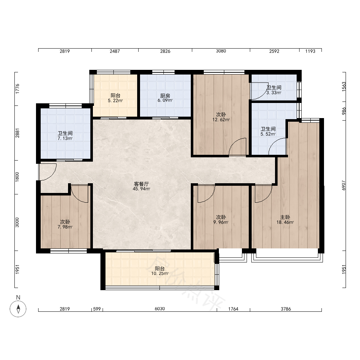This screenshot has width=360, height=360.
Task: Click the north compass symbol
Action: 18,309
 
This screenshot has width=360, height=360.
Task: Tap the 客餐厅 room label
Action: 141,184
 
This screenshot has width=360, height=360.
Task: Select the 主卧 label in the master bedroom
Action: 285,217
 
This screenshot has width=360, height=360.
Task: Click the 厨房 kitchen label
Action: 165,96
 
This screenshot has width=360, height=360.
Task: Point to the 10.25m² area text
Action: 160,274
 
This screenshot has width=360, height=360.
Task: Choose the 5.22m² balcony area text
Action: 115,100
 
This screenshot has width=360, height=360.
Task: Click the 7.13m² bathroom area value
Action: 65,138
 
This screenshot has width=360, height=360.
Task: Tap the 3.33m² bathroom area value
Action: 274,93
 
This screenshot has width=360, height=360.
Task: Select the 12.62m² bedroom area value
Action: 221,120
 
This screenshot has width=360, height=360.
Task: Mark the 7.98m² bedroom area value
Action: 65,227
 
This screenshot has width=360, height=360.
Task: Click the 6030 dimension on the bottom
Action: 159,309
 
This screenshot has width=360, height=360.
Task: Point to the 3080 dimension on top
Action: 221,51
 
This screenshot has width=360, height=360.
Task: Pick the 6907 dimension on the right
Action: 344,185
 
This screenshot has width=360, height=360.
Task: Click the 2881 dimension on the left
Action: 17,133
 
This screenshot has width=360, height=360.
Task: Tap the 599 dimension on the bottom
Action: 97,309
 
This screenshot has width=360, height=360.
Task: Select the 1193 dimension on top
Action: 310,51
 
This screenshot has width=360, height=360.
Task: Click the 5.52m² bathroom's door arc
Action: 273,143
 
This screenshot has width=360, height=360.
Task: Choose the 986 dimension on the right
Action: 344,111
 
